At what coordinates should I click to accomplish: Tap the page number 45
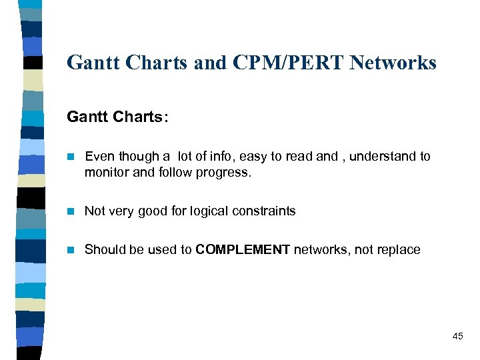(x=457, y=336)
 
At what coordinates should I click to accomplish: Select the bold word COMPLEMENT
(x=243, y=250)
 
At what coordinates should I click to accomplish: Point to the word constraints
(x=263, y=211)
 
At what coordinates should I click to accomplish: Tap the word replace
(x=397, y=250)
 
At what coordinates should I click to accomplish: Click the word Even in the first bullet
(x=99, y=157)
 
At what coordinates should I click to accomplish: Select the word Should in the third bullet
(x=105, y=250)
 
